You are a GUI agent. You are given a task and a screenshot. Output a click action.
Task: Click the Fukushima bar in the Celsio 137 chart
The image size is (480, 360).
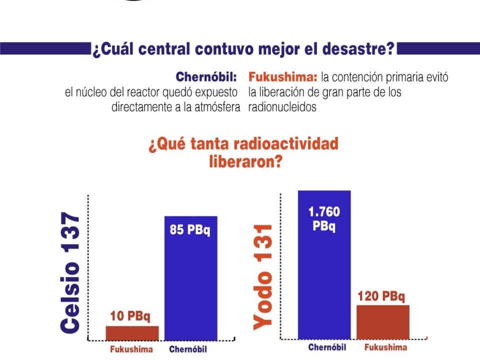coord(132,333)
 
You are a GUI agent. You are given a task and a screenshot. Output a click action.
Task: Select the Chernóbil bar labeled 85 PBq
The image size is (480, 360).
coord(190,278)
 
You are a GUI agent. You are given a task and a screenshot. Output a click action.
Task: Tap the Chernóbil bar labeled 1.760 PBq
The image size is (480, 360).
coord(324,265)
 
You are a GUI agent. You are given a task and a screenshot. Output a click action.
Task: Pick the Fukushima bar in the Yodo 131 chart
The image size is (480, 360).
coord(383,322)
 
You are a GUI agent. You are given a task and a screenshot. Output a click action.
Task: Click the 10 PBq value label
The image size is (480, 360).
coord(130,316)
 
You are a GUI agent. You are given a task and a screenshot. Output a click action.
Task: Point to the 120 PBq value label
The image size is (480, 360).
coord(381,296)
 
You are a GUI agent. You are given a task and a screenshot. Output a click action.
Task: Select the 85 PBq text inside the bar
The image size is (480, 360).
coord(190,229)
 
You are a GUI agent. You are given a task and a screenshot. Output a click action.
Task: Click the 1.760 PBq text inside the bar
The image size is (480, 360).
coord(324,218)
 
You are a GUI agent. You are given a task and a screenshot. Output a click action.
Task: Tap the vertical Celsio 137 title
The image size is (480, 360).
coord(70,272)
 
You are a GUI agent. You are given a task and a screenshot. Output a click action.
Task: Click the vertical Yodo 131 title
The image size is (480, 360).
coord(262,277)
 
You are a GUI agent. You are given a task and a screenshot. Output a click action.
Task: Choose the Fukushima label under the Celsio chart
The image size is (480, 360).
coord(131,349)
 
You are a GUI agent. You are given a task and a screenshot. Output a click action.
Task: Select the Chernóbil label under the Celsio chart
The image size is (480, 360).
coord(188,349)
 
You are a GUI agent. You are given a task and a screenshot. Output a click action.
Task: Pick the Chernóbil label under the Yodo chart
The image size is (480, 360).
coord(327,347)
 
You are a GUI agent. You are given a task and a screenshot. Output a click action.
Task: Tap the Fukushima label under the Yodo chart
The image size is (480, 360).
coord(385,347)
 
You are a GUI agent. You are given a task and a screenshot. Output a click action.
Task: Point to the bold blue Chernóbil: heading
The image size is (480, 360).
coord(206,77)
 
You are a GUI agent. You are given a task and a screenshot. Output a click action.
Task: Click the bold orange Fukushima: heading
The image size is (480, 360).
coord(282,77)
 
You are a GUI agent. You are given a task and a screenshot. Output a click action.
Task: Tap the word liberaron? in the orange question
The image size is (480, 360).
coord(245,161)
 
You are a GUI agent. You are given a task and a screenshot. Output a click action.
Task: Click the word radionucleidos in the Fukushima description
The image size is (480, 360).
coord(282,107)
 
